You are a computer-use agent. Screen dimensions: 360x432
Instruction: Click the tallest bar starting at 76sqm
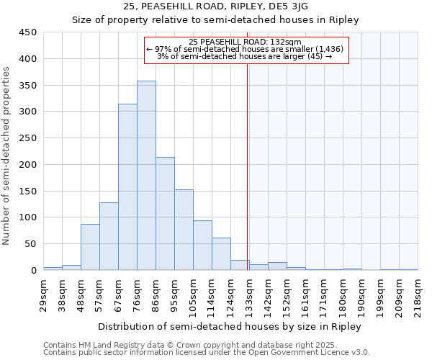(146, 176)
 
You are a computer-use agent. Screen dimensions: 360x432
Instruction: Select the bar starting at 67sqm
(127, 187)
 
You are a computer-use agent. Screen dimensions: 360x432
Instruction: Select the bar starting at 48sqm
(90, 247)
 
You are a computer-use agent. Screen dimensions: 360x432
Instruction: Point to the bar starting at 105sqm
(202, 246)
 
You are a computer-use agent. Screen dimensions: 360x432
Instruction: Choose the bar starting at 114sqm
(221, 254)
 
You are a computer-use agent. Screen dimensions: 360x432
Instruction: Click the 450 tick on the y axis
(28, 32)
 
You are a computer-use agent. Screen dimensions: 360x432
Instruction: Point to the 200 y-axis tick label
(28, 165)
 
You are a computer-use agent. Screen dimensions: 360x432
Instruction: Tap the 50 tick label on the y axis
(31, 244)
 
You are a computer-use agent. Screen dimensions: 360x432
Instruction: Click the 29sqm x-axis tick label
(43, 293)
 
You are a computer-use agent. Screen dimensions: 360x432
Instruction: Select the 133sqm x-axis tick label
(249, 293)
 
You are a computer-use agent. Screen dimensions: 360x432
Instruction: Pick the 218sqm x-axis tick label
(418, 293)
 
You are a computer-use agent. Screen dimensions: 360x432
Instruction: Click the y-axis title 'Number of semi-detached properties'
(7, 155)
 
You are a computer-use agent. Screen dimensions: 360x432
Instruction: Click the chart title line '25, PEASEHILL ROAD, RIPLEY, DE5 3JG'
(215, 6)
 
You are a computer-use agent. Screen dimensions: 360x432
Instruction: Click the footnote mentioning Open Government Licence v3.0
(207, 352)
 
